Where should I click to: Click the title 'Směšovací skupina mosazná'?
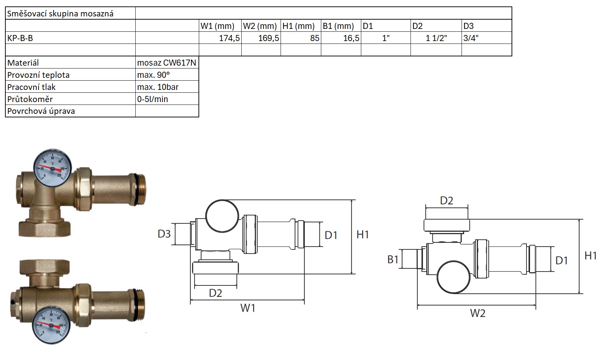[60, 14]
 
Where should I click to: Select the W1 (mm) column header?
[217, 26]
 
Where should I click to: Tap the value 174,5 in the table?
[229, 38]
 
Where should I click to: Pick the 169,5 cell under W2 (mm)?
[268, 38]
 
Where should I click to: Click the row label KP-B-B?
[20, 38]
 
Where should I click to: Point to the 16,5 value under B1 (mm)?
[351, 38]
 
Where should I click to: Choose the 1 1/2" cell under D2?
[436, 38]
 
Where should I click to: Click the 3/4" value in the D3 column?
[471, 38]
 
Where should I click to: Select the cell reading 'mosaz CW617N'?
[167, 63]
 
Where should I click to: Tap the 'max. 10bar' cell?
[158, 87]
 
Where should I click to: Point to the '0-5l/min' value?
[152, 99]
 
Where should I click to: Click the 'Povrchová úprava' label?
[41, 111]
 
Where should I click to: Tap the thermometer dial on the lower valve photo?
[51, 325]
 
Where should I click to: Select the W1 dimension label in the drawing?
[248, 308]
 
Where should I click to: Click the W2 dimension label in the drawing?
[478, 313]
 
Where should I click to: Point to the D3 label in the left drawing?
[164, 234]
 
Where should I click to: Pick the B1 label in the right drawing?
[393, 259]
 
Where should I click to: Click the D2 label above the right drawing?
[447, 201]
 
